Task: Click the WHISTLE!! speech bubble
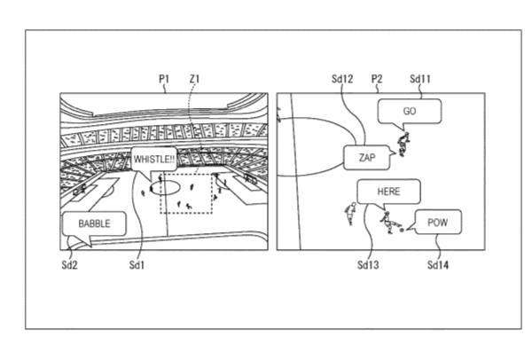(x=154, y=160)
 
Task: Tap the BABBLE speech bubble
(x=94, y=223)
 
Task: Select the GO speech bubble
(x=410, y=111)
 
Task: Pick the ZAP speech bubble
(x=367, y=158)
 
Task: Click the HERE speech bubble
(x=389, y=192)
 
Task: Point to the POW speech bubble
(x=438, y=223)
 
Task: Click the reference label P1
(x=164, y=79)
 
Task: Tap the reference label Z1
(x=194, y=79)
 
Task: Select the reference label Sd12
(x=342, y=79)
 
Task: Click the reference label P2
(x=377, y=79)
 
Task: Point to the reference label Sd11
(x=420, y=79)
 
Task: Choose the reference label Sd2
(x=69, y=264)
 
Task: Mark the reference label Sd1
(x=137, y=264)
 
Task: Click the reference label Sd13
(x=368, y=264)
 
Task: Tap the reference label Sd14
(x=438, y=264)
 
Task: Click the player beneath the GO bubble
(x=403, y=145)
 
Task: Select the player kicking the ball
(x=389, y=223)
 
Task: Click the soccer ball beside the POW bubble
(x=402, y=231)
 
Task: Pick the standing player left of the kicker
(x=350, y=214)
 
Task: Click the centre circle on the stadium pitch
(x=164, y=195)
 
